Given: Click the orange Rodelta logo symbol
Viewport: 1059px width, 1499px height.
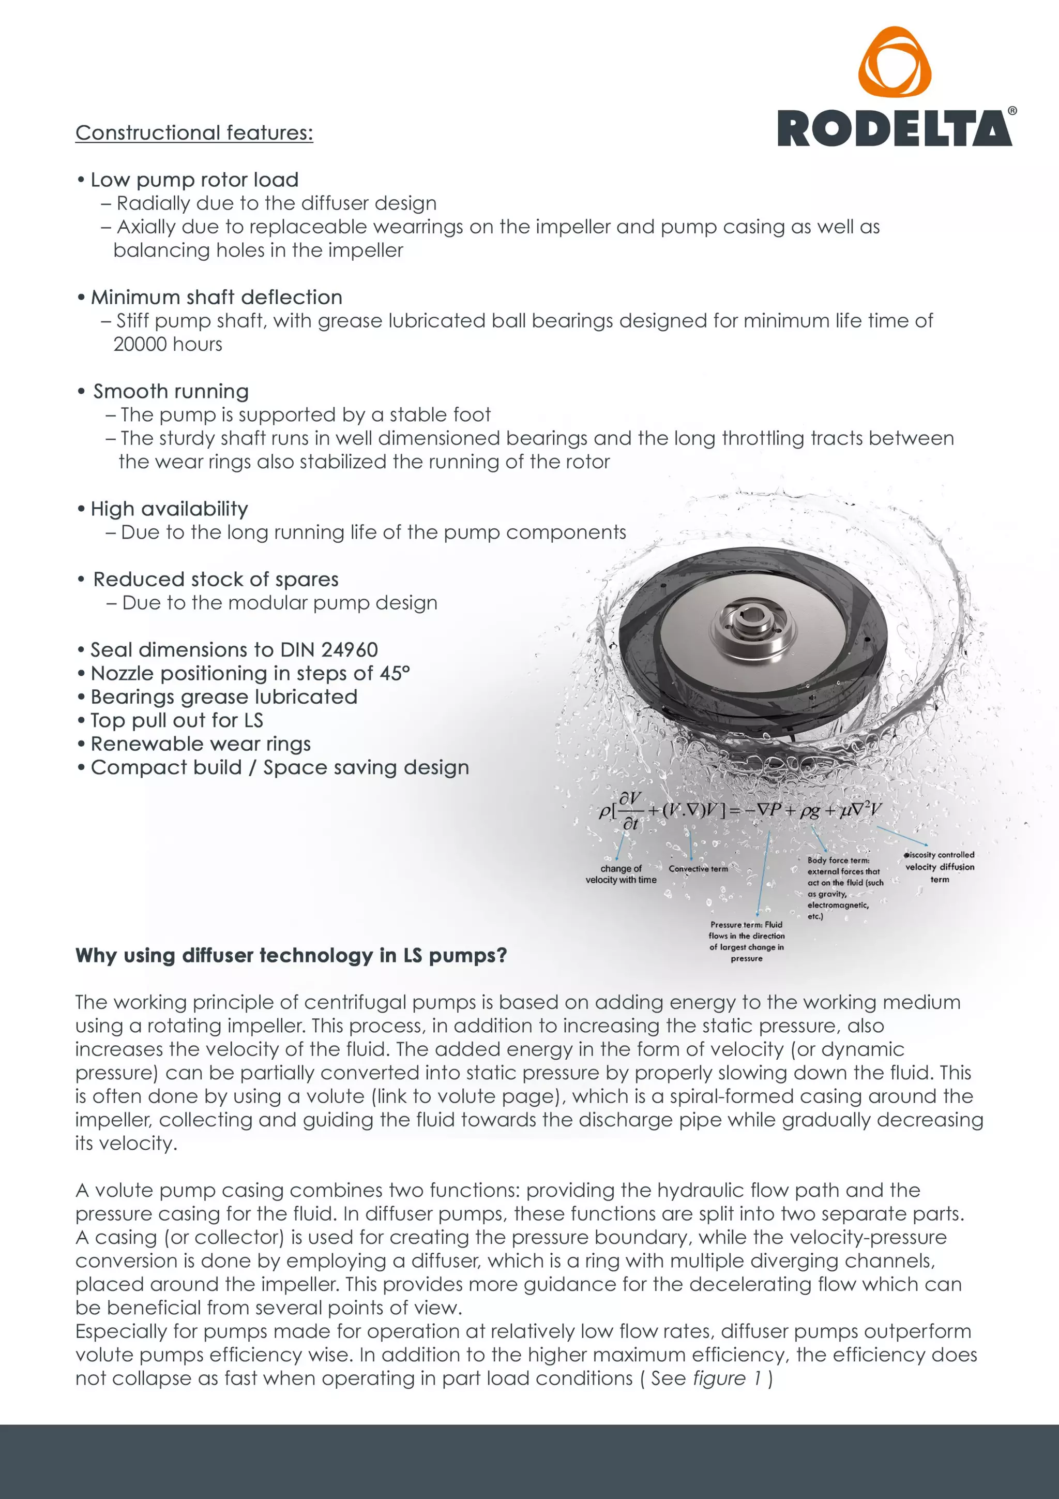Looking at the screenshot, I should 895,63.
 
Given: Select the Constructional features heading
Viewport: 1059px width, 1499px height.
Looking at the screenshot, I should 194,132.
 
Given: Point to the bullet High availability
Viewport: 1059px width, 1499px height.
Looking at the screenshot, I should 169,509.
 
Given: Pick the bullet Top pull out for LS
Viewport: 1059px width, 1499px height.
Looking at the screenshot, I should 176,720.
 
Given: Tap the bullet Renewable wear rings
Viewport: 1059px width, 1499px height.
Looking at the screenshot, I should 200,744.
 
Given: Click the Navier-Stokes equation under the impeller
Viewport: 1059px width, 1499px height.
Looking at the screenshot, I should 740,811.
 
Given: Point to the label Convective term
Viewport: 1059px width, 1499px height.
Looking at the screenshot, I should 698,869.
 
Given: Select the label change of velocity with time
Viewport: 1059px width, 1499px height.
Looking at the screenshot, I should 621,874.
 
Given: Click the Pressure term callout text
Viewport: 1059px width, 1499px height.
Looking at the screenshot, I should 747,941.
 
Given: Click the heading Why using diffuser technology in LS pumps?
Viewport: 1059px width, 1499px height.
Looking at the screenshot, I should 291,955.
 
